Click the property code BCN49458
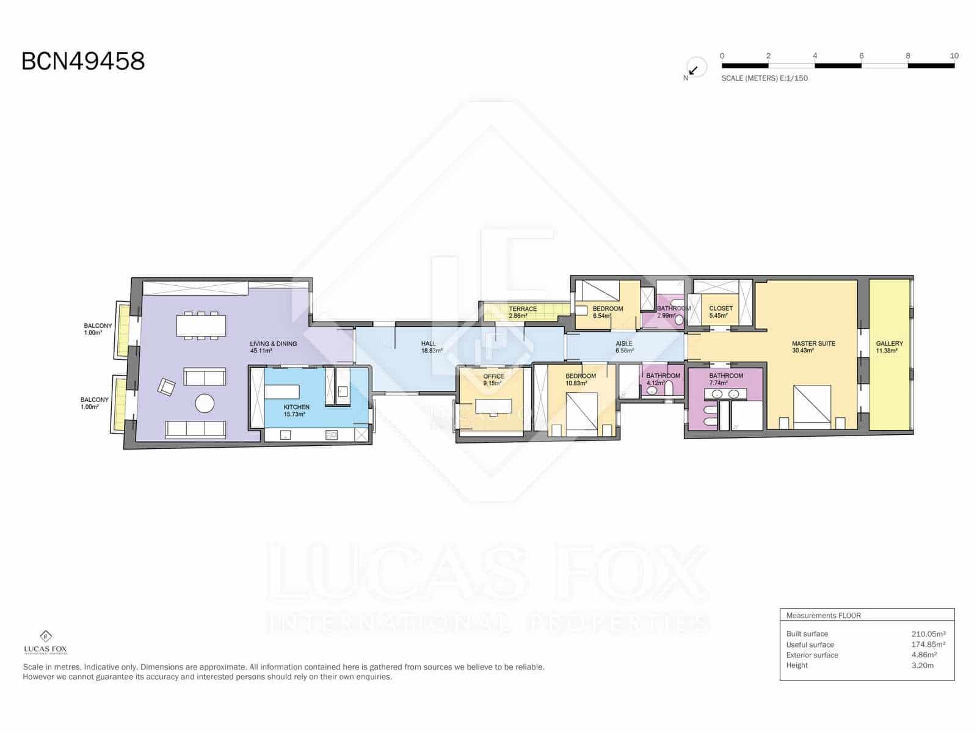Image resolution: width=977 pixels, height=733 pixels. (83, 61)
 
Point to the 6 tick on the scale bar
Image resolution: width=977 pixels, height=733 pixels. (861, 56)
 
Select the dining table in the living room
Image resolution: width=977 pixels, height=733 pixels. (201, 326)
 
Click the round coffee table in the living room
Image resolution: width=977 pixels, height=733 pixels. (205, 403)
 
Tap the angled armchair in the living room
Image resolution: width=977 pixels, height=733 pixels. (166, 387)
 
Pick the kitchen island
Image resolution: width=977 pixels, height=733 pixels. (281, 392)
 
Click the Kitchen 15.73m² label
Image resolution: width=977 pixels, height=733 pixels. (296, 410)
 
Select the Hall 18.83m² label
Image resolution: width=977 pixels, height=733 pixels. (430, 347)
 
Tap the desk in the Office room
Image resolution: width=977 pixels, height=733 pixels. (494, 406)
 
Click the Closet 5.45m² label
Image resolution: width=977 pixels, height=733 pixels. (720, 312)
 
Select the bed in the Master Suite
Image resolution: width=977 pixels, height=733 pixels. (812, 404)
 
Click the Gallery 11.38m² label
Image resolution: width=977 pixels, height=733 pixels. (888, 347)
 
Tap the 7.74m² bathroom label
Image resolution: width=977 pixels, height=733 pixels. (725, 379)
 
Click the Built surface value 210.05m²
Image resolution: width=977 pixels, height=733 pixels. (928, 634)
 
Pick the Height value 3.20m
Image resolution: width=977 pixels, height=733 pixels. (922, 665)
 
